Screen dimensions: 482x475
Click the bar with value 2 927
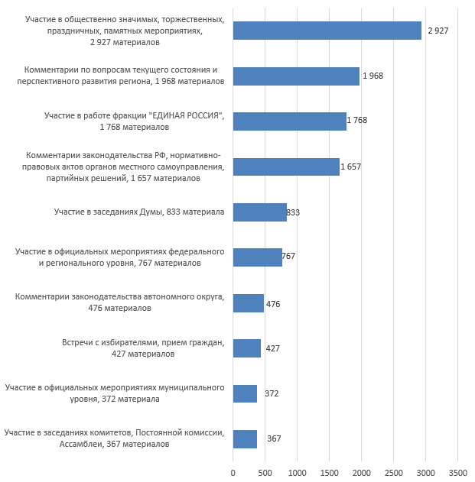pos(327,31)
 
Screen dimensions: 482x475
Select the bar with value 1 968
pos(296,76)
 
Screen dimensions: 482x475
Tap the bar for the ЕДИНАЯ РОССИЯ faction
pos(289,121)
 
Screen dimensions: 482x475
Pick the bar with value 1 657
pos(286,167)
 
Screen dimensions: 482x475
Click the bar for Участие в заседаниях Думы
pos(259,212)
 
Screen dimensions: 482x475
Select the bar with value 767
pos(257,257)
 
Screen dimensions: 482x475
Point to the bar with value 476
pos(248,303)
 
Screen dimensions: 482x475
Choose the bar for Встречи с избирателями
pos(246,348)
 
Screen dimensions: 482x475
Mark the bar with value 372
pos(245,393)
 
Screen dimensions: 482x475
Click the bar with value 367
pos(245,438)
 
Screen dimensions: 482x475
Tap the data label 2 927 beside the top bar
pos(438,31)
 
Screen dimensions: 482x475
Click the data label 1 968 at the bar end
pos(373,76)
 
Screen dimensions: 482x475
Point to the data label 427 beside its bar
pos(272,348)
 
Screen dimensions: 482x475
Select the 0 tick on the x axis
pos(233,472)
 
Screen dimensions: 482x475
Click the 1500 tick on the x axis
pos(329,472)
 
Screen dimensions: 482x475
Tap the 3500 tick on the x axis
pos(457,472)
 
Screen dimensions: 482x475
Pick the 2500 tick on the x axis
pos(393,472)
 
